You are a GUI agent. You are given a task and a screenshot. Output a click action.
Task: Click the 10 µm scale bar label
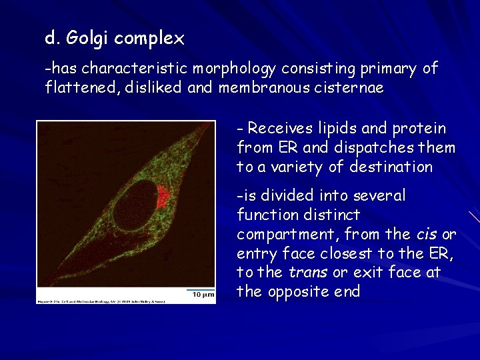pos(203,294)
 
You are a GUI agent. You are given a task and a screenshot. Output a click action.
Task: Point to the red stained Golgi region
pos(164,195)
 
